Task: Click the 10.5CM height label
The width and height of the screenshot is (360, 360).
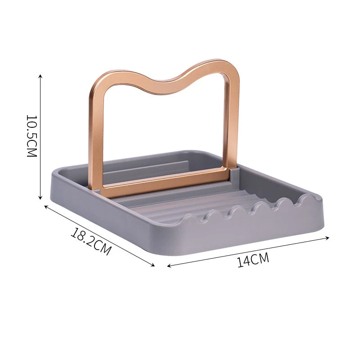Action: click(x=31, y=136)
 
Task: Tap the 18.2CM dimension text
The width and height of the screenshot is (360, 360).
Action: click(x=90, y=242)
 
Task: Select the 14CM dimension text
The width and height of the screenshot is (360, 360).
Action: click(x=253, y=261)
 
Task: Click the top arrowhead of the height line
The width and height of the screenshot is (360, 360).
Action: click(x=40, y=76)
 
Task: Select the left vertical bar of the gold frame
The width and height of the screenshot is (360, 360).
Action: click(x=96, y=135)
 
